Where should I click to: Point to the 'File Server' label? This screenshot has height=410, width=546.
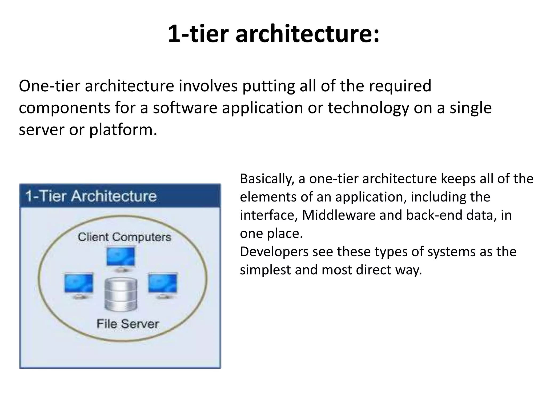127,324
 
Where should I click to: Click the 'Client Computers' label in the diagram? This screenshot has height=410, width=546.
124,237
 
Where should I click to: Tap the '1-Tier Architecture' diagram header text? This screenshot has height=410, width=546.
91,196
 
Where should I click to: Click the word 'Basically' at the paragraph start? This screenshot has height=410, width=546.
267,179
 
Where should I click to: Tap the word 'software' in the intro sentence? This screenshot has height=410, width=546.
185,108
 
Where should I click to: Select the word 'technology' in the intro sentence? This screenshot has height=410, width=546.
368,108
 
